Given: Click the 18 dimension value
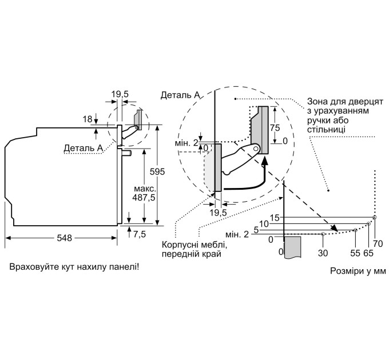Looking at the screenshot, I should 88,119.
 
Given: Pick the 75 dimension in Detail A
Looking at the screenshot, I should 275,127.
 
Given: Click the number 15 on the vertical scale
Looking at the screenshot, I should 275,218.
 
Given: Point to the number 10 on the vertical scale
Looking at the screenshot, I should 264,224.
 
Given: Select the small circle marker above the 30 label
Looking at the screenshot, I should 323,234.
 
